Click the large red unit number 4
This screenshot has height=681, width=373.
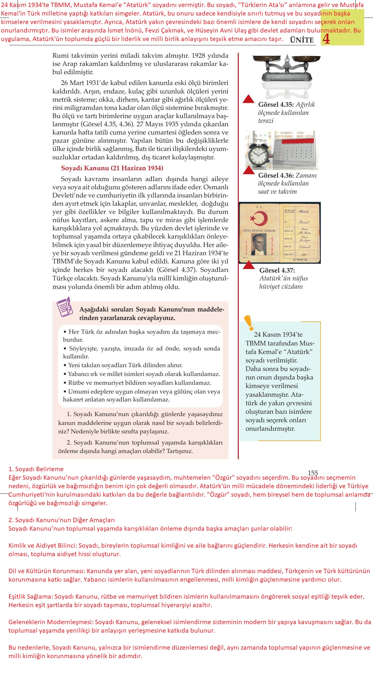click(x=326, y=39)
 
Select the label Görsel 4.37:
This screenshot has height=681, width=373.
click(x=277, y=270)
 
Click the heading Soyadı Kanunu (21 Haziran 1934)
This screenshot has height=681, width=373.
click(x=112, y=168)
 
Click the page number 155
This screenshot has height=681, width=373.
click(x=313, y=473)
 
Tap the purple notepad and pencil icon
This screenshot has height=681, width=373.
click(x=65, y=307)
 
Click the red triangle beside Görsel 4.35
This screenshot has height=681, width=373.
click(x=248, y=99)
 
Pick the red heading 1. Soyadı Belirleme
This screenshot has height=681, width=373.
click(x=36, y=469)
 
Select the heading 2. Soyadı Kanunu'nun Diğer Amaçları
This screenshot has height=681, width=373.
click(x=62, y=520)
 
